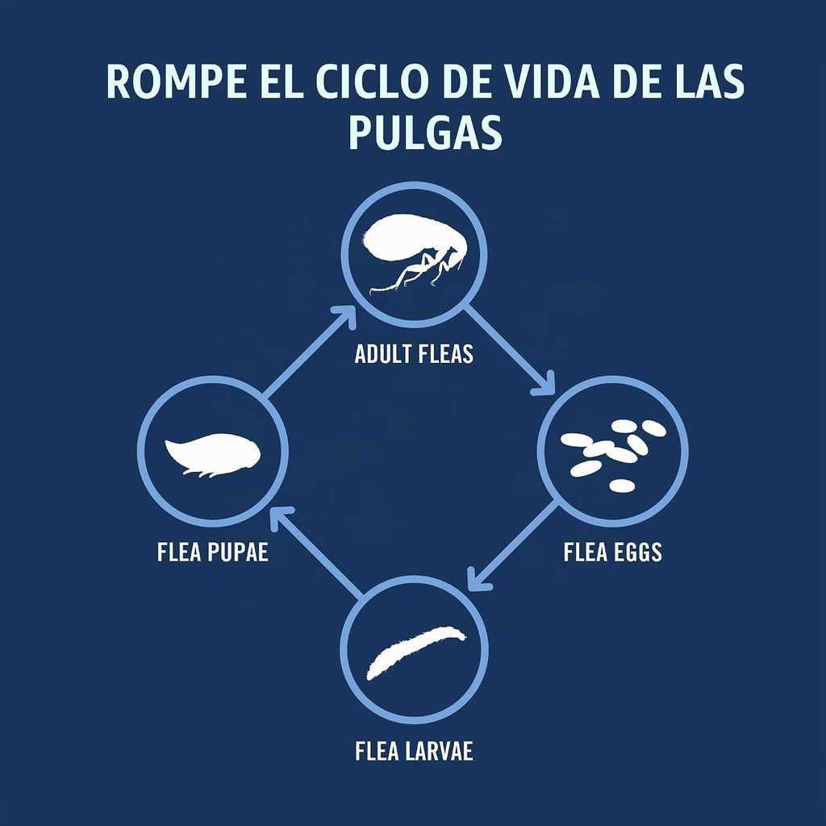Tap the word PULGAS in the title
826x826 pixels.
tap(426, 133)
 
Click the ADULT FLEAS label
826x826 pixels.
tap(414, 354)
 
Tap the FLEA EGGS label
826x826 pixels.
tap(613, 552)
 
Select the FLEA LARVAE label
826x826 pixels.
tap(414, 751)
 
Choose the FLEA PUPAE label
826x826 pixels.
tap(213, 552)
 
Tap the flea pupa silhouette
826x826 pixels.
tap(213, 454)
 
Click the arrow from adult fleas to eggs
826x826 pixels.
tap(510, 349)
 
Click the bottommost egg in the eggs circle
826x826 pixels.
tap(622, 485)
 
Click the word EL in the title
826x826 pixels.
tap(282, 82)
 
